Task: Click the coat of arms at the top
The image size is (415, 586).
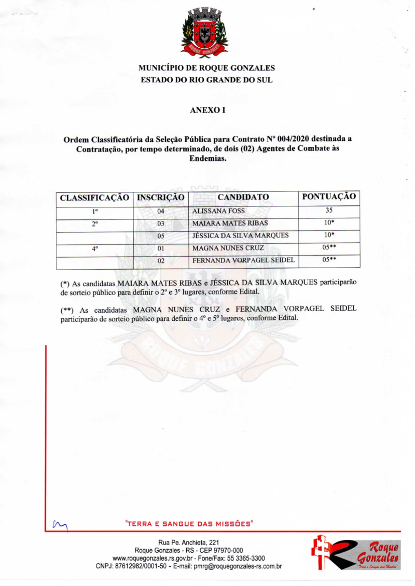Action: coord(204,32)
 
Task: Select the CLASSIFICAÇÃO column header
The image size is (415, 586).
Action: coord(94,198)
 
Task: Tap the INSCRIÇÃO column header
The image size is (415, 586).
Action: coord(160,198)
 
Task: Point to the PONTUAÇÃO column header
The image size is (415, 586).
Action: coord(328,197)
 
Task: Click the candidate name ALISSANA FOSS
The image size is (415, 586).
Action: coord(218,212)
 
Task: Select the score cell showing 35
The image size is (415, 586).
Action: coord(328,211)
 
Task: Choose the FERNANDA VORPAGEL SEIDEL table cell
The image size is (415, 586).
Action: coord(243,260)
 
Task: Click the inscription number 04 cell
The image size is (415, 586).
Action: coord(160,212)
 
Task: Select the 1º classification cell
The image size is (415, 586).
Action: coord(94,212)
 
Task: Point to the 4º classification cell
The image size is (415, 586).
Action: coord(94,248)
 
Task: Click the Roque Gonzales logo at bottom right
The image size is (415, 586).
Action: coord(356,553)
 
